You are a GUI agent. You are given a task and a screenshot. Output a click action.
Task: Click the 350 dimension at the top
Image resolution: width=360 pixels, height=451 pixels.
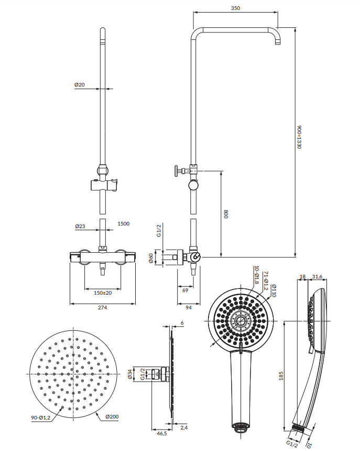coord(235,8)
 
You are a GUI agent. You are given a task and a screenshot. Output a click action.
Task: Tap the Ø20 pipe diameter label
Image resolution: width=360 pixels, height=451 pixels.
coord(80,84)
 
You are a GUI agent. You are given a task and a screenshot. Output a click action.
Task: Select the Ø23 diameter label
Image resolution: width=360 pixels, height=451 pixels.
coord(80,226)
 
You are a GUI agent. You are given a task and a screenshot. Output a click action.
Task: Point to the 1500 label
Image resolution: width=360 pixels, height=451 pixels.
coord(124,223)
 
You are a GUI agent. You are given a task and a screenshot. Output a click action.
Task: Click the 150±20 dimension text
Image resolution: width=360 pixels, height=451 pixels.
coord(103,293)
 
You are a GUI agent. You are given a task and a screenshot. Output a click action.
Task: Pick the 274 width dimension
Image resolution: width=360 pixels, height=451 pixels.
coord(102,307)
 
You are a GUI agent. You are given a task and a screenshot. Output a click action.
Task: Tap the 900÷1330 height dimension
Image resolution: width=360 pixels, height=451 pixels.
coord(299,137)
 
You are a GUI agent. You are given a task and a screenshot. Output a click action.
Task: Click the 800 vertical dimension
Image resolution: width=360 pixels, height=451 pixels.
coord(226,214)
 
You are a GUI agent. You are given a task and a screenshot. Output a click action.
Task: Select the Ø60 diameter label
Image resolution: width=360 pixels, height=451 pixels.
coord(151,258)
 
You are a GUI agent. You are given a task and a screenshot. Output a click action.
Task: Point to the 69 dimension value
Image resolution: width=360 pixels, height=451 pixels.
coord(186,290)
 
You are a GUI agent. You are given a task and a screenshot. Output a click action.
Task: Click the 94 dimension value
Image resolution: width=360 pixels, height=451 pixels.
coord(189,307)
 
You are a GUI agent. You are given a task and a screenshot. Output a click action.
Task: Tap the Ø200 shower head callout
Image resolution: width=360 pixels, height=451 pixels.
coord(112,416)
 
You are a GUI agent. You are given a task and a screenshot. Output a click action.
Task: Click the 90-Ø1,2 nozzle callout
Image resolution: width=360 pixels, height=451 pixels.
coord(41,417)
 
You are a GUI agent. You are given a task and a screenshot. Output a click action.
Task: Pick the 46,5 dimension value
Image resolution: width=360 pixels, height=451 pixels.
coord(162,434)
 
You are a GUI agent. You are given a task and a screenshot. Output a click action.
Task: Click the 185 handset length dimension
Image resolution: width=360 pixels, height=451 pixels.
coord(281,375)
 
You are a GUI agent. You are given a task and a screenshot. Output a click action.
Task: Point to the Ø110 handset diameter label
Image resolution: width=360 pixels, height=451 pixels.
coord(274,291)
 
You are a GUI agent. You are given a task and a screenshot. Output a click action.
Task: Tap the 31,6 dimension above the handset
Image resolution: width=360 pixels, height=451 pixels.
coord(317,277)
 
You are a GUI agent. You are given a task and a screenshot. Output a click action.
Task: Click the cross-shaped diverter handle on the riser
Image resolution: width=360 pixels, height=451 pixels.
coord(177,171)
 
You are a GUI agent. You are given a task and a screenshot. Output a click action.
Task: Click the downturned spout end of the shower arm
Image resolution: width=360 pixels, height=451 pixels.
coord(278,42)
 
